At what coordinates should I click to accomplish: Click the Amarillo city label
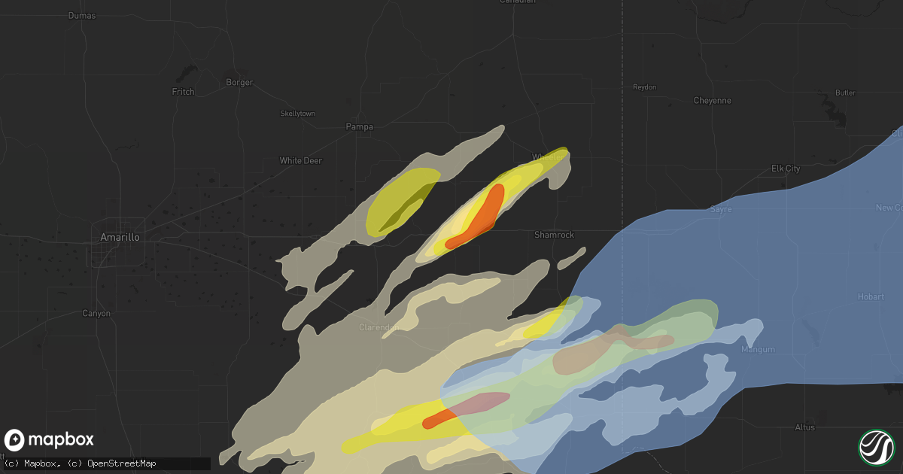point(120,237)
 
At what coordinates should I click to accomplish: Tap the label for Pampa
point(359,126)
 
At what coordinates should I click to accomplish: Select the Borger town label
point(239,82)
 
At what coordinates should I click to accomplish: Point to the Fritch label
point(183,92)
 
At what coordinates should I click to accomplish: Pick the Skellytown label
point(297,114)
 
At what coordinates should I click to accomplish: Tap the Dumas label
point(82,15)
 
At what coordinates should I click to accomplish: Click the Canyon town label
point(96,313)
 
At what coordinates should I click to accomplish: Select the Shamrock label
point(554,235)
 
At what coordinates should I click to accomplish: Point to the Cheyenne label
point(712,100)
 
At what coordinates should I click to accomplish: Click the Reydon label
point(644,87)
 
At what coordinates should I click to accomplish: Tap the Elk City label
point(786,169)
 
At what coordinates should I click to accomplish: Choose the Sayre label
point(721,209)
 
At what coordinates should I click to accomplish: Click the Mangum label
point(757,349)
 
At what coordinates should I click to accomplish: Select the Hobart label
point(871,296)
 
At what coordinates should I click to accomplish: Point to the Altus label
point(804,427)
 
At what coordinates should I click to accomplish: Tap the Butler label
point(845,93)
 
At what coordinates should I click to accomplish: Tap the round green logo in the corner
point(876,447)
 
